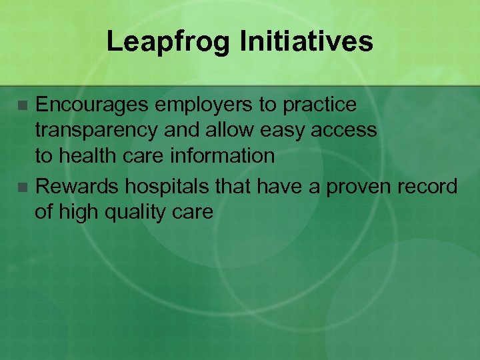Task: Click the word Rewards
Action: [75, 187]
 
